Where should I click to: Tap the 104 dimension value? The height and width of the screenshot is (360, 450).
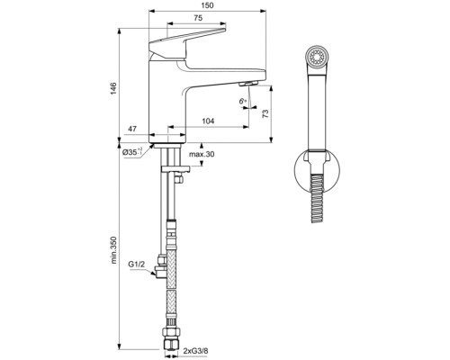208,121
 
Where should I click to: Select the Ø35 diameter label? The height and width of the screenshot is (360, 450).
132,153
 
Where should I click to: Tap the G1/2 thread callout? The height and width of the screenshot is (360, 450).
138,263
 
